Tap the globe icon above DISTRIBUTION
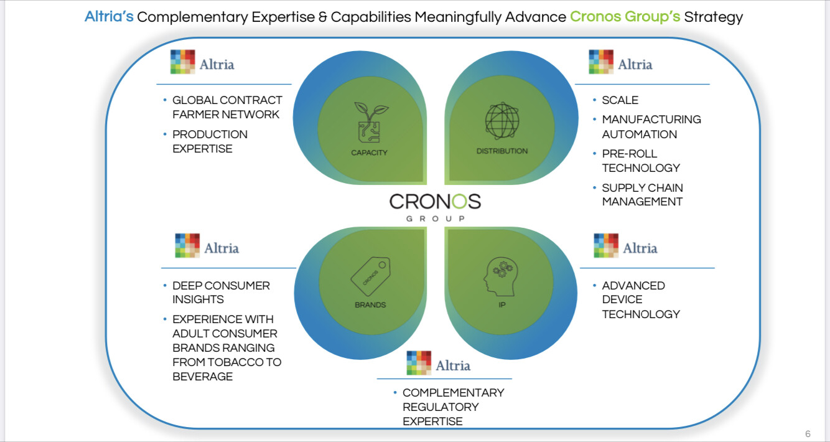(x=502, y=121)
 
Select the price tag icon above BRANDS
(x=371, y=276)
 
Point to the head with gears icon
(x=500, y=277)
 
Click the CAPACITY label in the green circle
(x=369, y=153)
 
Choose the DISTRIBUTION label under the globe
(x=501, y=151)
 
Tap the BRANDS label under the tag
(x=370, y=305)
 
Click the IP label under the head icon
(x=502, y=305)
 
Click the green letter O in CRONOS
(x=459, y=202)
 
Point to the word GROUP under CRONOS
(x=436, y=219)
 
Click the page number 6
(x=808, y=434)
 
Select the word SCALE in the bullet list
(x=620, y=100)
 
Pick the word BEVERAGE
(x=203, y=377)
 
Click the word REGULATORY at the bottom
(x=441, y=407)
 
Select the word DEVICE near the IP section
(x=622, y=299)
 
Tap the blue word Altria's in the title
(x=109, y=17)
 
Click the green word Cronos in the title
(x=595, y=17)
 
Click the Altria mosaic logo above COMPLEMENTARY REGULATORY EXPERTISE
(x=419, y=363)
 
